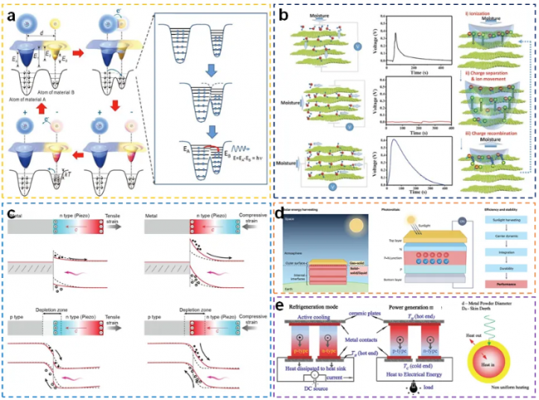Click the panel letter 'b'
point(284,15)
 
